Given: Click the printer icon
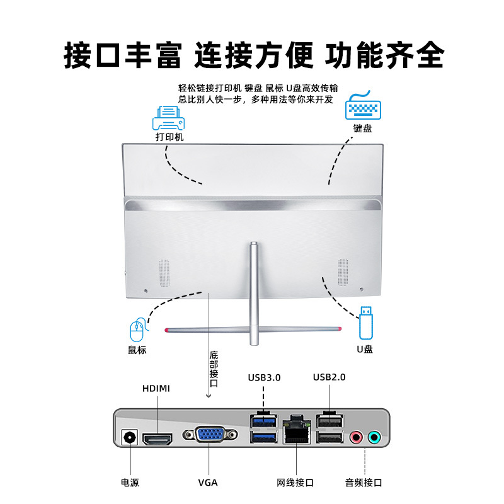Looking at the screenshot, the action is tap(168, 117).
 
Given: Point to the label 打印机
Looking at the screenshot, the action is tap(169, 137).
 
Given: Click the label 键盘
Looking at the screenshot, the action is tap(362, 129).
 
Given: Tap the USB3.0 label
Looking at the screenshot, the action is tap(264, 377).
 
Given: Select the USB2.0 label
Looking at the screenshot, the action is tap(329, 377).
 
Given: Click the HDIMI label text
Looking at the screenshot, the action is tap(156, 388).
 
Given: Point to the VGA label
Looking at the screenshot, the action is tap(208, 483).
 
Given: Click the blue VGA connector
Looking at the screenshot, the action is tap(210, 435).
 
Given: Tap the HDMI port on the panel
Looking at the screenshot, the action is tap(157, 438).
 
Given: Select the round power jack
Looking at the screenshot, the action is tap(130, 438).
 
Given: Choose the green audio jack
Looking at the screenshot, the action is tap(374, 437).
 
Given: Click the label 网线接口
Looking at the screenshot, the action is tap(295, 483).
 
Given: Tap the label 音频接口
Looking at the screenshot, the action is tap(364, 483).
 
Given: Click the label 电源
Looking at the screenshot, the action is tap(130, 483).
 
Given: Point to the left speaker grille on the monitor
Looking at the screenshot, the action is tap(164, 272).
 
